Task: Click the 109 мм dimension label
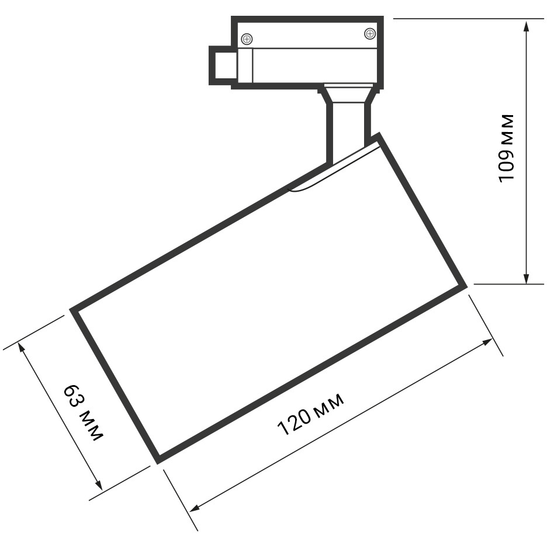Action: click(x=507, y=148)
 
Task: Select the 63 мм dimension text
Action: click(x=84, y=413)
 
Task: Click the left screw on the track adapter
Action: click(x=247, y=39)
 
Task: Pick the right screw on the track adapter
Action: click(x=370, y=34)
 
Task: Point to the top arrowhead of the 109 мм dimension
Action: click(x=527, y=26)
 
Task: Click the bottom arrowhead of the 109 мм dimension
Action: click(x=527, y=278)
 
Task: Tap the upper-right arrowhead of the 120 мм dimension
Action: click(x=487, y=342)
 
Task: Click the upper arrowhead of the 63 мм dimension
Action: click(x=22, y=348)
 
